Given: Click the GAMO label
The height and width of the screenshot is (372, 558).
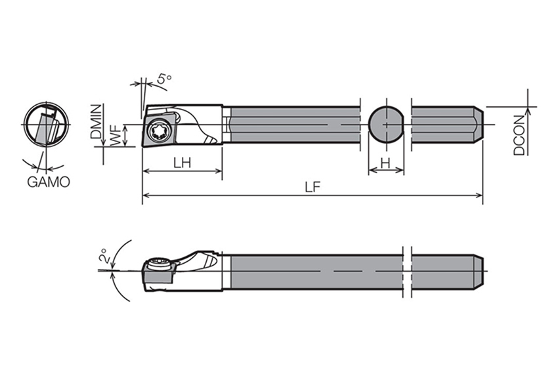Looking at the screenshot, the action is coord(49,182).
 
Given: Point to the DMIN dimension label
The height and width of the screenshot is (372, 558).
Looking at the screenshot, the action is coord(96,121).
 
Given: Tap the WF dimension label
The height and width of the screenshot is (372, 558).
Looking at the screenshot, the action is coord(116,136).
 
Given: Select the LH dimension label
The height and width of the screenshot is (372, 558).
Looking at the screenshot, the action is coord(182,163).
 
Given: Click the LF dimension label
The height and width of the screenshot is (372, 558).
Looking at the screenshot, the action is coord(312,187).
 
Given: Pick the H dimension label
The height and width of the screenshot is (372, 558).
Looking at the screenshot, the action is coord(385,163).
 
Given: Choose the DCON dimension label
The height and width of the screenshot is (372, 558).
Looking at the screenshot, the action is coord(519,135).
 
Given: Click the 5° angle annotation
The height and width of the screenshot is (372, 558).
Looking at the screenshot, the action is coord(164,79).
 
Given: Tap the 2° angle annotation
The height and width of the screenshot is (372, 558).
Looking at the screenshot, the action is coord(104,255).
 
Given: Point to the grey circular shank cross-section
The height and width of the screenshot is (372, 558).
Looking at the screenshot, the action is coord(386,125).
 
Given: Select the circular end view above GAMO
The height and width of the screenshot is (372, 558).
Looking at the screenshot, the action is coord(46,124).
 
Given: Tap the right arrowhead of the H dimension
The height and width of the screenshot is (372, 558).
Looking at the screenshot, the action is coord(400,171).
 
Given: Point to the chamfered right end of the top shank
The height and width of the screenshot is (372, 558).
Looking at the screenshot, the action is coord(479,125).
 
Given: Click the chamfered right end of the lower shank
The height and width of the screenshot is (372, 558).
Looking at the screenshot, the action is coord(479,272).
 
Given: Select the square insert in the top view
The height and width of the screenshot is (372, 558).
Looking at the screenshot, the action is coord(160,129).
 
